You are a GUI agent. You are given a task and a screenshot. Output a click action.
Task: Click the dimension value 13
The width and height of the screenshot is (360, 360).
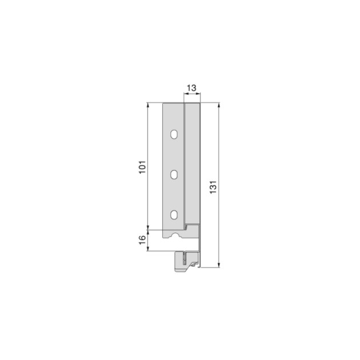pos(191,88)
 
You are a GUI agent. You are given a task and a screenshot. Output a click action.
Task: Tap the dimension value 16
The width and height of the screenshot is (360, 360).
pos(143,240)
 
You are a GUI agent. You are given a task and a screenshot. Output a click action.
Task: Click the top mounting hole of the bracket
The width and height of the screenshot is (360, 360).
pos(174,135)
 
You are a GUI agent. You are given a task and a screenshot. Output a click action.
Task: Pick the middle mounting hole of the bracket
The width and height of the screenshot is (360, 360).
pos(174,174)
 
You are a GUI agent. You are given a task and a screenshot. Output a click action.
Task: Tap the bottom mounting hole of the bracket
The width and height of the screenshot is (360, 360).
pos(174,215)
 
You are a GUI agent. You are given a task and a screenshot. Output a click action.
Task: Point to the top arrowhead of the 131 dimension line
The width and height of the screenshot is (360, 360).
pos(219,105)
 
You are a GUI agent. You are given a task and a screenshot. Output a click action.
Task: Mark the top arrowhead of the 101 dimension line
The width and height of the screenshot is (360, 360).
pos(149,105)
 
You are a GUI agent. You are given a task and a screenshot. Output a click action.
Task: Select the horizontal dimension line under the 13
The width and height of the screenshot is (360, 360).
pos(191,96)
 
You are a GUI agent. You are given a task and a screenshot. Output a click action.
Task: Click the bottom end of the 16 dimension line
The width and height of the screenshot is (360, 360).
pos(149,250)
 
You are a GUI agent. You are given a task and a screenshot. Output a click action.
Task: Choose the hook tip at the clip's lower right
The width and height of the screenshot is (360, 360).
pos(197,265)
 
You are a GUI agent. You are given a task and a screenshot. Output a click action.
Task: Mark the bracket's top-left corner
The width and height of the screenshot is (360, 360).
pos(164,103)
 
